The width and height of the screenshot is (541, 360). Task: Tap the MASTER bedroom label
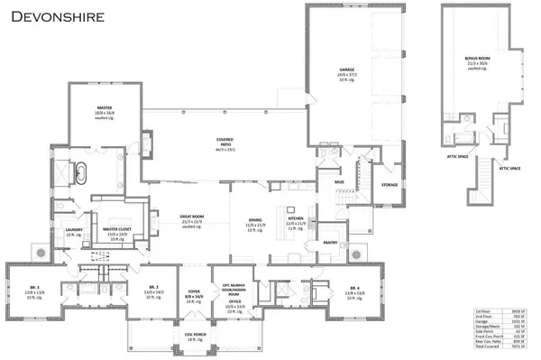coord(105,106)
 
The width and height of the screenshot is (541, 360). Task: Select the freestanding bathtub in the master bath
coord(82,171)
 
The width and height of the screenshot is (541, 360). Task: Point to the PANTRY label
coord(330,243)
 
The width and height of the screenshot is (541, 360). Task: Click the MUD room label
coord(339,182)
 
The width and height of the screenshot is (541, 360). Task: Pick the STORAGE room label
coord(389,185)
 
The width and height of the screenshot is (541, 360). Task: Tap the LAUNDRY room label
coord(63,230)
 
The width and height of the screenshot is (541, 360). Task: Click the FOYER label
coord(194,291)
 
